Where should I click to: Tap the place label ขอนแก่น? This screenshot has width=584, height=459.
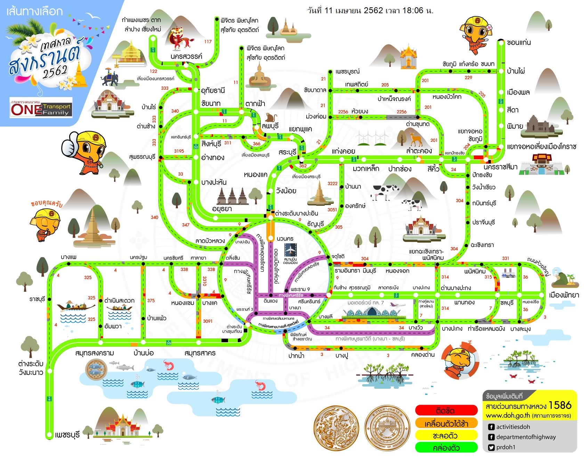click(519, 43)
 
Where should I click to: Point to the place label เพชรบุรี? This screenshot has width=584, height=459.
click(67, 435)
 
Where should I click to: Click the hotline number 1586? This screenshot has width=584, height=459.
click(560, 405)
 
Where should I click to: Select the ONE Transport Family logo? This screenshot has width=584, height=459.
click(41, 108)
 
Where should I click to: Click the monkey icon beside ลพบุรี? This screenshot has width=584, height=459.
click(270, 118)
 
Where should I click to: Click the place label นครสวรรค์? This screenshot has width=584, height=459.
click(186, 56)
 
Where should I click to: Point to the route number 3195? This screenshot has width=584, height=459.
click(179, 151)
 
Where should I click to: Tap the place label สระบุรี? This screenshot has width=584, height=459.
click(287, 152)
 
